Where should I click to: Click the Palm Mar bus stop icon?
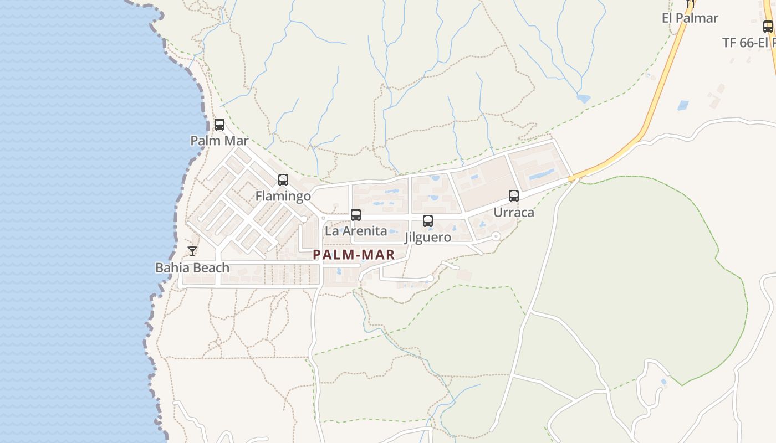[219, 125]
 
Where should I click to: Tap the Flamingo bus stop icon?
[283, 180]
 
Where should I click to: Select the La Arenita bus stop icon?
[356, 215]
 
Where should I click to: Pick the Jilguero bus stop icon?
[428, 221]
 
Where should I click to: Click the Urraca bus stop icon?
[514, 196]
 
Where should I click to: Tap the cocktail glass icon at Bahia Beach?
[192, 251]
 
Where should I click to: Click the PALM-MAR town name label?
[354, 255]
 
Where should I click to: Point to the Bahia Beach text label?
[192, 268]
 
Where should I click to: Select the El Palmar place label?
[690, 18]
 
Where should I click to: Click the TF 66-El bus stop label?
[749, 43]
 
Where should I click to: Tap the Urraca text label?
[514, 213]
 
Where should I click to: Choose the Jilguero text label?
[428, 238]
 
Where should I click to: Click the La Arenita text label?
[356, 231]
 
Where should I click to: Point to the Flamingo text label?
[283, 197]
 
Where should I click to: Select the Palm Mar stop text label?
[219, 141]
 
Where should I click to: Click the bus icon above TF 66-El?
[768, 26]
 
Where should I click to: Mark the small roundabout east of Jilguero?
[496, 236]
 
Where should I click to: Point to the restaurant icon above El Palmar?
[690, 3]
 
